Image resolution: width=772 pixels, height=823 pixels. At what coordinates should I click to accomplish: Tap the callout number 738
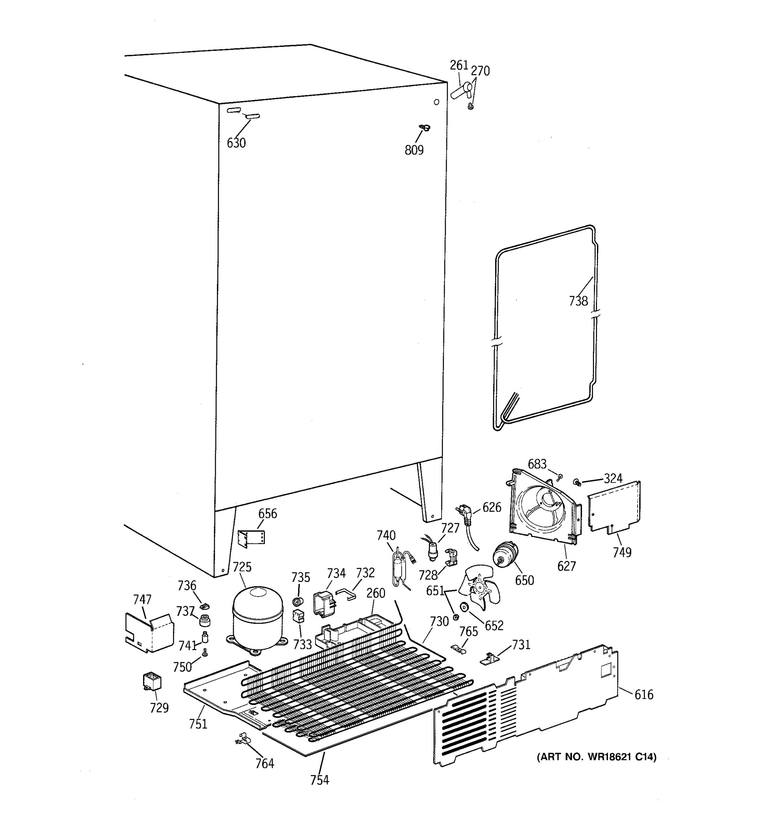tap(578, 301)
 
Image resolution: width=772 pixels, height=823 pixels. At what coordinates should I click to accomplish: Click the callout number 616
tap(644, 694)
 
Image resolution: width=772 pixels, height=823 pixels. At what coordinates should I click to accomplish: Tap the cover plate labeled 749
tap(615, 507)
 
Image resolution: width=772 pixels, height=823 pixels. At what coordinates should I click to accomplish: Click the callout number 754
tap(319, 780)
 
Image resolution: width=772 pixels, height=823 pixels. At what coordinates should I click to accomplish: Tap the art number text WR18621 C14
tap(596, 757)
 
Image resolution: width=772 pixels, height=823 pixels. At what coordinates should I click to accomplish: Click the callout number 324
tap(613, 479)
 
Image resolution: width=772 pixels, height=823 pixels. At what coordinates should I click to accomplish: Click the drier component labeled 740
tap(399, 565)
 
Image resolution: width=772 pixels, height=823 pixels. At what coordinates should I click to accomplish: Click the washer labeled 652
tap(464, 607)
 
